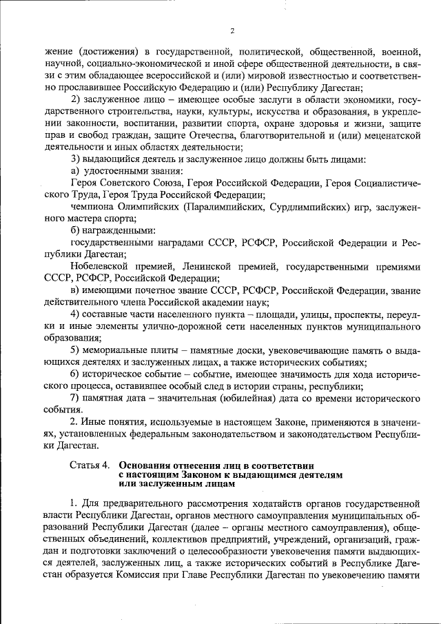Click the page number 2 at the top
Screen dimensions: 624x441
pyautogui.click(x=232, y=31)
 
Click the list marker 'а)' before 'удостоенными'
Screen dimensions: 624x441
pyautogui.click(x=76, y=170)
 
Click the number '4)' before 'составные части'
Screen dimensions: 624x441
pyautogui.click(x=77, y=314)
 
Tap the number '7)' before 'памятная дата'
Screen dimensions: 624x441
pyautogui.click(x=77, y=398)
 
